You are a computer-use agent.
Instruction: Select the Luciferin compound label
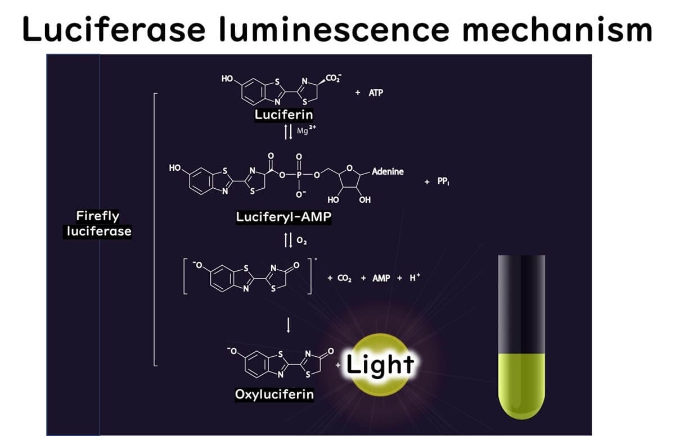tap(283, 115)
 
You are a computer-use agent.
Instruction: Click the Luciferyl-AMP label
tap(283, 217)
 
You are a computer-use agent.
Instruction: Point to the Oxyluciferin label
tap(274, 394)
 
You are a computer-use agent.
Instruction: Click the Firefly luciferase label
tap(97, 223)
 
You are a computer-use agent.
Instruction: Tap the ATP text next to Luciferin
tap(376, 93)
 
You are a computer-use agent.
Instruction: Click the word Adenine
tap(388, 171)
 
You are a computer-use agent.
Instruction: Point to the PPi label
tap(443, 181)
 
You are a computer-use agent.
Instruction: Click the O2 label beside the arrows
tap(301, 241)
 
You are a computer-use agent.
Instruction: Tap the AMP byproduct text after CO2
tap(381, 278)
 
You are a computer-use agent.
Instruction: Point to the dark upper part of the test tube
tap(521, 303)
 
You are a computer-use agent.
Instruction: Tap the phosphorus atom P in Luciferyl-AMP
tap(299, 175)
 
